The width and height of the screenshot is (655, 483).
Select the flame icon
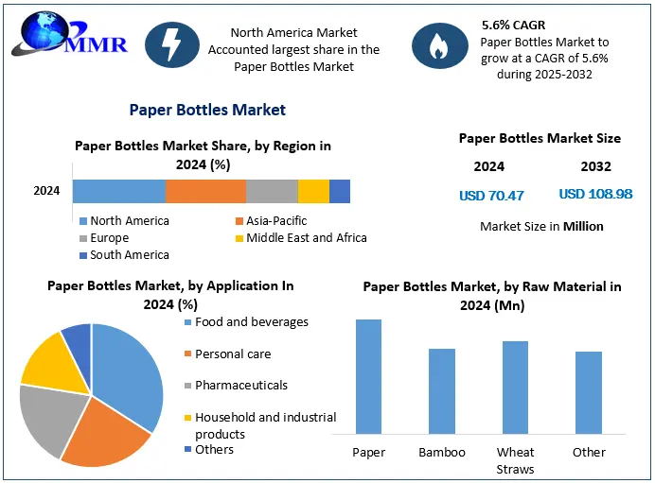pyautogui.click(x=437, y=45)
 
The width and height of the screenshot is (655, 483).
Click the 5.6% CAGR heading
pyautogui.click(x=514, y=25)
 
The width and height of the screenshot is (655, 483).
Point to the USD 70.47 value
pyautogui.click(x=490, y=196)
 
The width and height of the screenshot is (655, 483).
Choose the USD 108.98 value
pyautogui.click(x=595, y=194)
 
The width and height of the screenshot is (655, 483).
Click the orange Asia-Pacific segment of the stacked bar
pyautogui.click(x=205, y=191)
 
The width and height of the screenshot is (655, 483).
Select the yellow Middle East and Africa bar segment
pyautogui.click(x=313, y=191)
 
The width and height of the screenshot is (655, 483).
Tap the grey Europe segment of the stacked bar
pyautogui.click(x=272, y=191)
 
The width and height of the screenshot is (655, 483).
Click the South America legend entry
pyautogui.click(x=129, y=255)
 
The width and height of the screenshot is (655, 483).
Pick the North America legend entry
pyautogui.click(x=129, y=221)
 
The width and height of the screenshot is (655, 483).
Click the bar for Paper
pyautogui.click(x=368, y=377)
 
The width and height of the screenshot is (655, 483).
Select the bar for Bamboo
pyautogui.click(x=442, y=391)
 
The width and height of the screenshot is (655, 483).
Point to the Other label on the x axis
pyautogui.click(x=589, y=453)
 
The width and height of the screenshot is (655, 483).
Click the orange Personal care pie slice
pyautogui.click(x=108, y=434)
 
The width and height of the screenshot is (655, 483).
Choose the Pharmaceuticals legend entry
pyautogui.click(x=240, y=386)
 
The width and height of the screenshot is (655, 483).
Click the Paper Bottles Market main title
pyautogui.click(x=207, y=110)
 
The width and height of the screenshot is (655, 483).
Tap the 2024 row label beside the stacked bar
pyautogui.click(x=46, y=191)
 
